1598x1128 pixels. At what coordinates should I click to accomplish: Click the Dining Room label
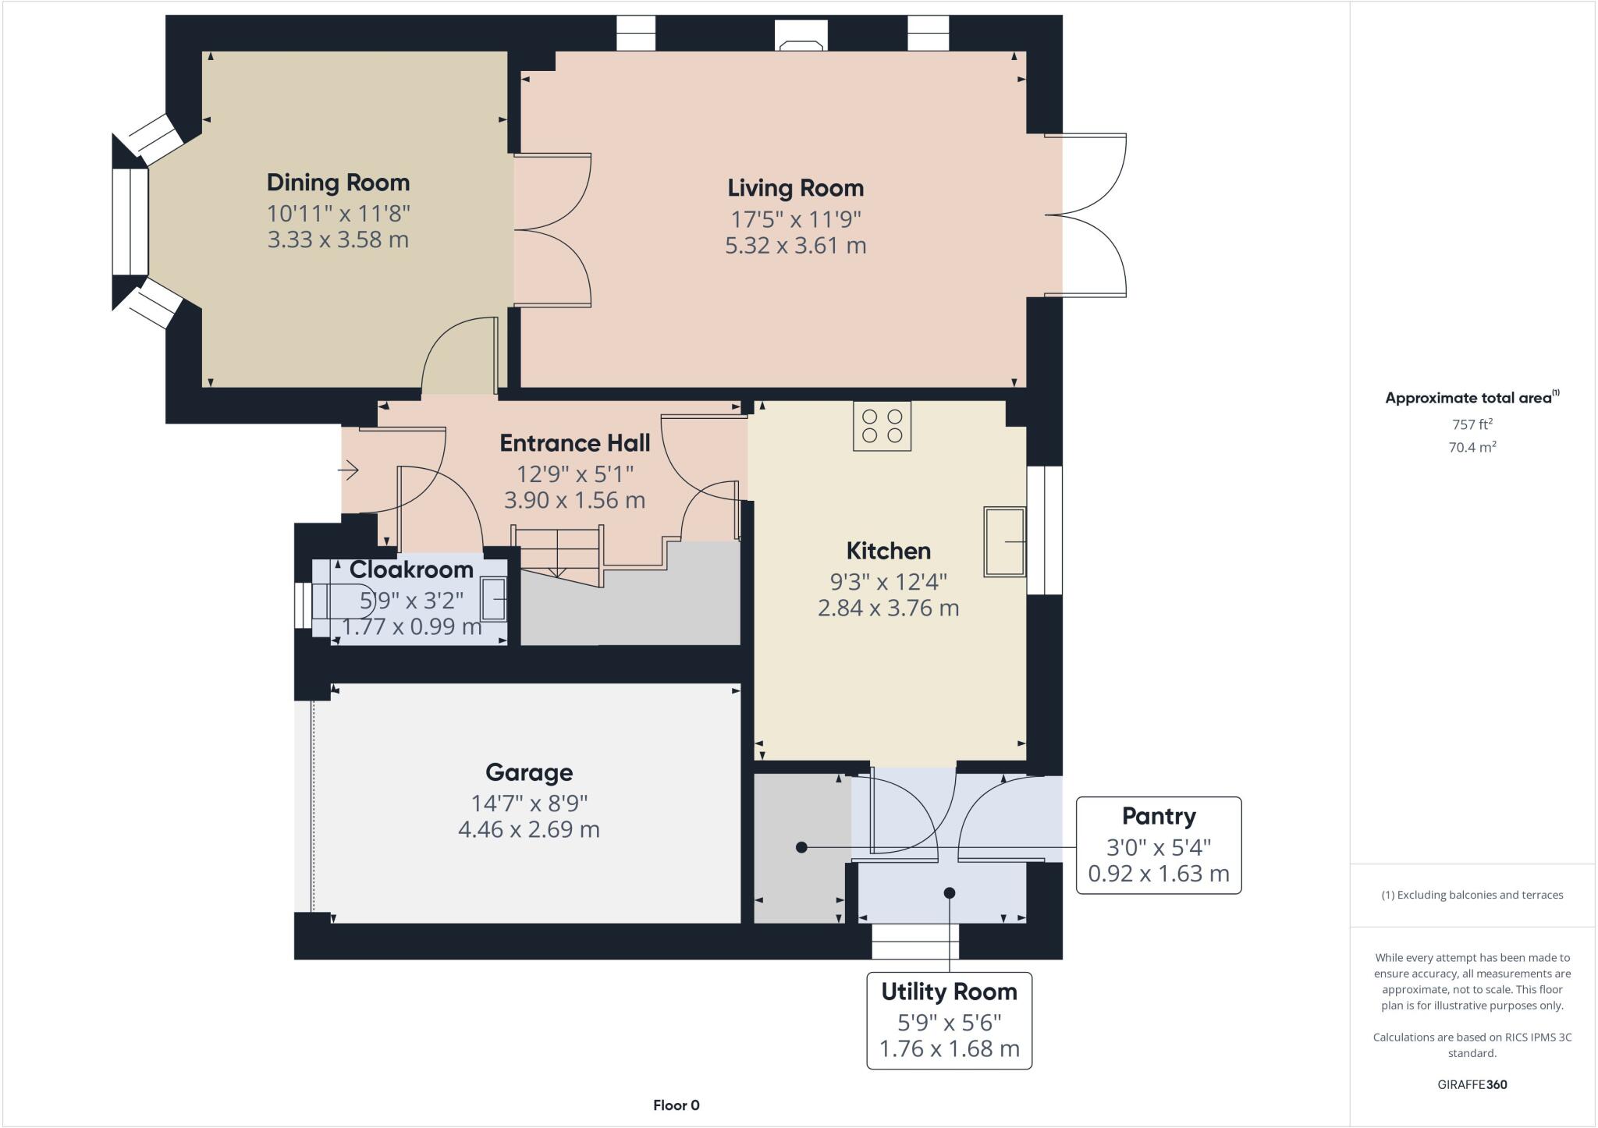click(338, 183)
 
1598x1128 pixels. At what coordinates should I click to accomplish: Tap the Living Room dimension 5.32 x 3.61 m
click(795, 246)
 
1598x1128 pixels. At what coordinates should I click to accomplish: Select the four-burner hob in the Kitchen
click(882, 426)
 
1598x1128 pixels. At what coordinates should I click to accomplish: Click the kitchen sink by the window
click(1004, 541)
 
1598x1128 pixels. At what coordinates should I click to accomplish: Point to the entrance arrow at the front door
click(348, 470)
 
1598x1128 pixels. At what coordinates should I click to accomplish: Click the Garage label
click(529, 772)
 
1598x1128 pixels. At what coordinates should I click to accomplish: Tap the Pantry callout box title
click(1158, 817)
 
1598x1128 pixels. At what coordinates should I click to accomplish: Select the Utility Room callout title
click(949, 991)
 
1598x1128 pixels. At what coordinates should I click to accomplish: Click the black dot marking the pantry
click(801, 847)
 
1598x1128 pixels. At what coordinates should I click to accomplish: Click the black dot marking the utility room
click(950, 892)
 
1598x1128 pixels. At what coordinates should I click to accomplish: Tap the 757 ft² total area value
click(1472, 424)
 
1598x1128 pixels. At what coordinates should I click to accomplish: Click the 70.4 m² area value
click(1472, 447)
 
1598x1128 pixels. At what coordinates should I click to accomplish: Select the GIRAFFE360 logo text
click(1472, 1084)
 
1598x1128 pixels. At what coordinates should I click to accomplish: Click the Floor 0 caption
click(676, 1105)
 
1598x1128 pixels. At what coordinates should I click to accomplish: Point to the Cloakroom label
click(411, 569)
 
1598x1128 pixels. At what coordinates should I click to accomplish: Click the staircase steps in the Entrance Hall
click(559, 550)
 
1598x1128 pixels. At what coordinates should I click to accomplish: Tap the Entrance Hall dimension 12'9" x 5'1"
click(575, 474)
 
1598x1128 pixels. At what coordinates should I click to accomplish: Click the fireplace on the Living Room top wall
click(801, 35)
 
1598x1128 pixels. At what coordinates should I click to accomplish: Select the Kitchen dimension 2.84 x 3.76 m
click(888, 608)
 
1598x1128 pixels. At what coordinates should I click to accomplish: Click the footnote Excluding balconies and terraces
click(1472, 895)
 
